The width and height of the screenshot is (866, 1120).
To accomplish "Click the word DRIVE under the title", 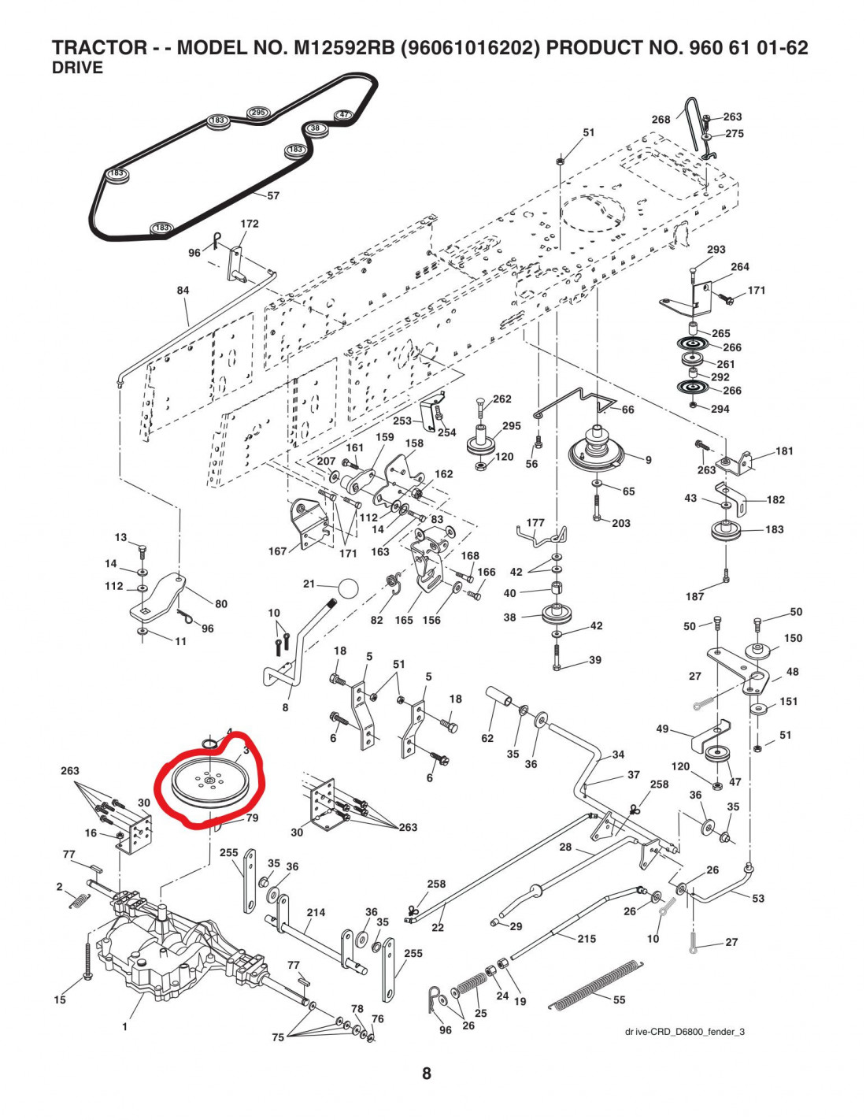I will click(77, 68).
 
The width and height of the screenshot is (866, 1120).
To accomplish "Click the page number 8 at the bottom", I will click(427, 1074).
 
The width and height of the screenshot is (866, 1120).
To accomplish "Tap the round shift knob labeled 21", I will click(347, 588).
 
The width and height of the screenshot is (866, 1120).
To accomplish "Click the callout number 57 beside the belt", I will click(273, 195).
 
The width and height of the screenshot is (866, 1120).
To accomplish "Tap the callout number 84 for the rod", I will click(183, 291).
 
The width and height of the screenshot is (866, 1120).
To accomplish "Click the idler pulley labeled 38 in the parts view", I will click(559, 614).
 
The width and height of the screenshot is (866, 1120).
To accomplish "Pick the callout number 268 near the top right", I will click(661, 120).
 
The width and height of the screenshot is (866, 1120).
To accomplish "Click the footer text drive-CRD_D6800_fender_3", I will click(684, 1032).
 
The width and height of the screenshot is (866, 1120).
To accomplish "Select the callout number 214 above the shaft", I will click(316, 913).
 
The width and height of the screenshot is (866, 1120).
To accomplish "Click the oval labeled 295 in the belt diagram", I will click(258, 113).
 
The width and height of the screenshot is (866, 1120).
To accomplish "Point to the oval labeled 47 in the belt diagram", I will click(344, 115).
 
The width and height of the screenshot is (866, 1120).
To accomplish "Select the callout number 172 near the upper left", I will click(250, 224).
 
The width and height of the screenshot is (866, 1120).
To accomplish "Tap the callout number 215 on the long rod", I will click(587, 939).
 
